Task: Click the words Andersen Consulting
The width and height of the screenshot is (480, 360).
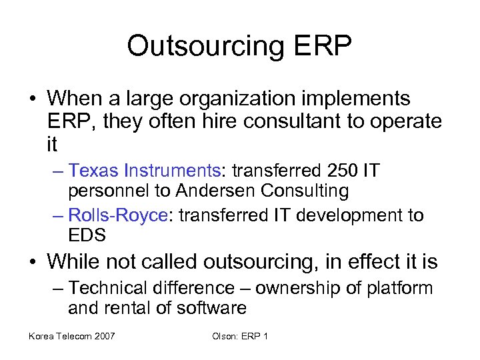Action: [262, 191]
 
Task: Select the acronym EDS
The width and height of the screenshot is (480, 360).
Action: [87, 235]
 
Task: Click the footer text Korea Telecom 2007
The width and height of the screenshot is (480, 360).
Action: [71, 336]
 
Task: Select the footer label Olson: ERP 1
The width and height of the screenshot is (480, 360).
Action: [240, 336]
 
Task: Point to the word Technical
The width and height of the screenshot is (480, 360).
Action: [110, 288]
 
